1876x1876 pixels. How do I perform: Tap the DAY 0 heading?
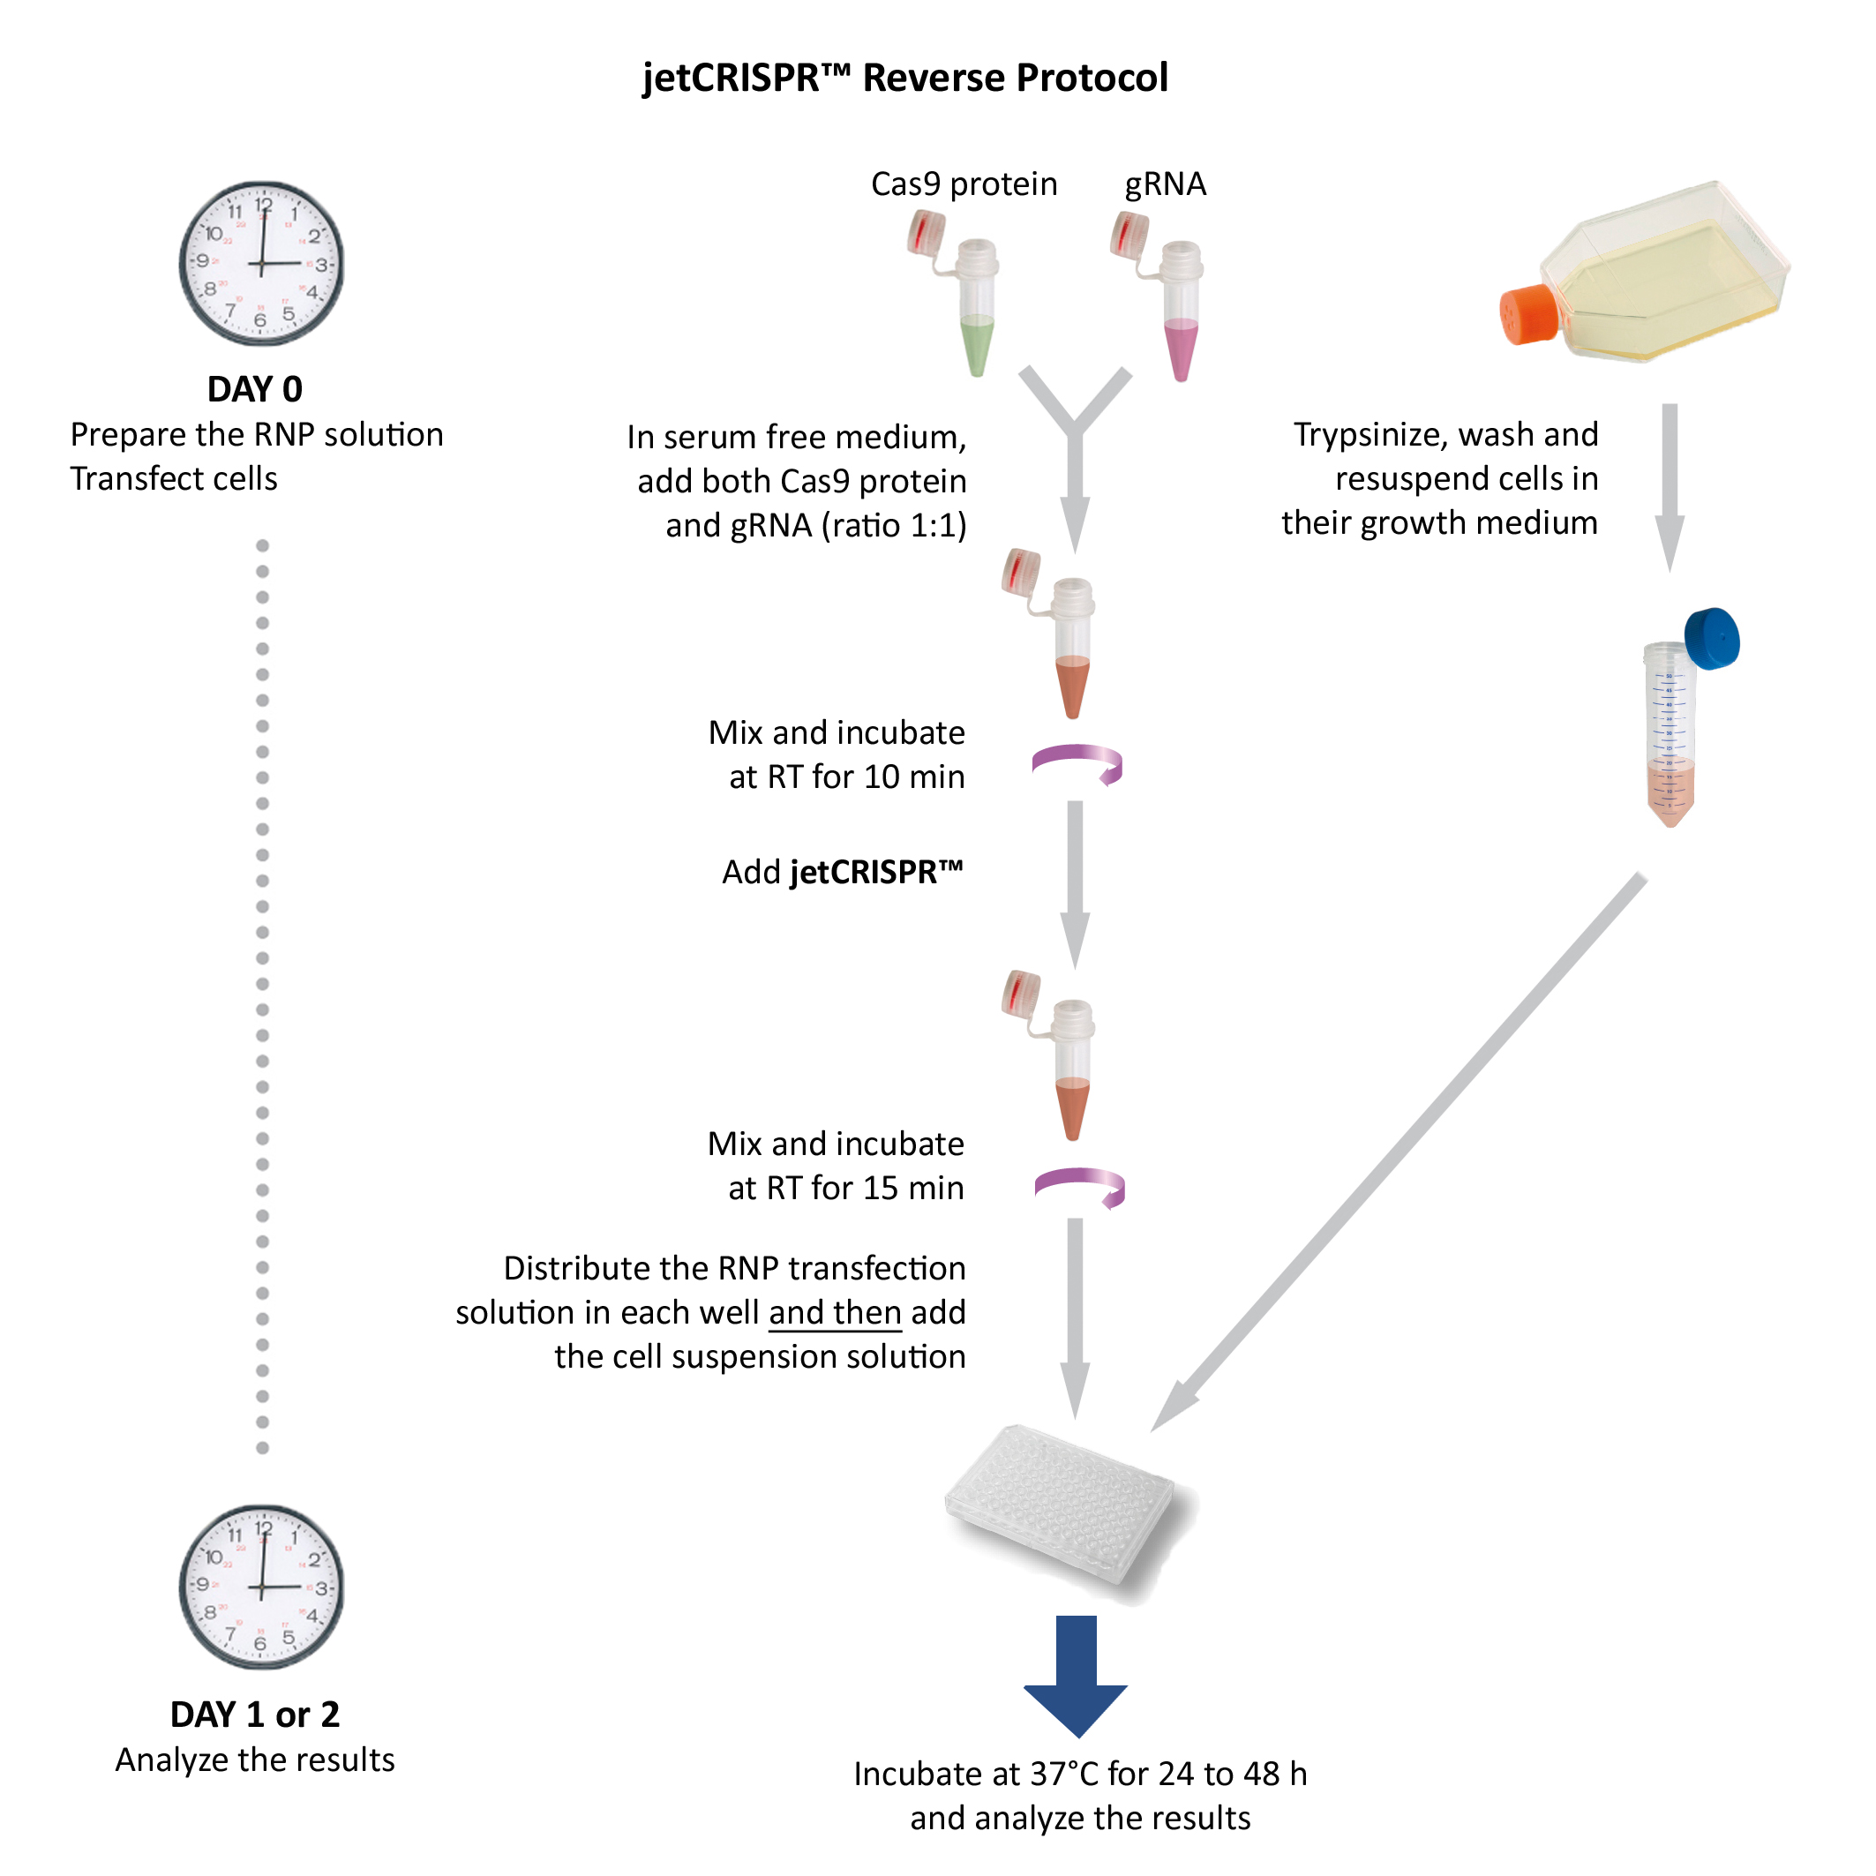[x=254, y=389]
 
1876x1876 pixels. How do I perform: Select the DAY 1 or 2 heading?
[x=254, y=1715]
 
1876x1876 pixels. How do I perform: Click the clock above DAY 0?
[x=261, y=263]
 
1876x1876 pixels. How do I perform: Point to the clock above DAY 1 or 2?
[x=261, y=1587]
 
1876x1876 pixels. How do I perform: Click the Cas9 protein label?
[x=964, y=184]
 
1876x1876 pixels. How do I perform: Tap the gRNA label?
[x=1165, y=184]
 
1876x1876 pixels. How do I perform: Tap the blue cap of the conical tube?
[x=1712, y=638]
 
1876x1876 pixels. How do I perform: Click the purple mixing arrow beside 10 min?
[x=1077, y=763]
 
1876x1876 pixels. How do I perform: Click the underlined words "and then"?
[x=835, y=1313]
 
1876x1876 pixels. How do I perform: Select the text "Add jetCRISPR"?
[x=842, y=872]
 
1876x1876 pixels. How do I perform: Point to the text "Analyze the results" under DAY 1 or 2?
[x=254, y=1760]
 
